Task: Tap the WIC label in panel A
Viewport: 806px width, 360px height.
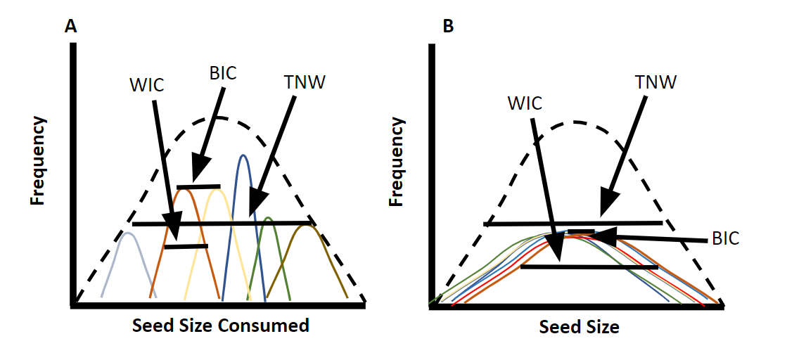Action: point(146,86)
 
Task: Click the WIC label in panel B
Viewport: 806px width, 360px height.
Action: point(524,103)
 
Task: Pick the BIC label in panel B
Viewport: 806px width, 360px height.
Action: point(724,238)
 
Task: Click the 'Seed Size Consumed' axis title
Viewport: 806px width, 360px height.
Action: point(220,326)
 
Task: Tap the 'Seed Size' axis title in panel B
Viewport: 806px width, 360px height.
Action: point(579,327)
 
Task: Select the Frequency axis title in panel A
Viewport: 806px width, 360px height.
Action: point(37,160)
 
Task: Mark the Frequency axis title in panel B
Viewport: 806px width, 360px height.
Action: point(397,162)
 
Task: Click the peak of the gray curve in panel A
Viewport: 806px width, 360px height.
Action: point(127,233)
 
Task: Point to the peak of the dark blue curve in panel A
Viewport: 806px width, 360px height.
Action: point(243,155)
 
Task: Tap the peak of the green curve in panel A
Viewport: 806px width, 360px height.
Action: point(268,218)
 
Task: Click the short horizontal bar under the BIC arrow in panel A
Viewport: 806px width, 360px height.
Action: point(199,187)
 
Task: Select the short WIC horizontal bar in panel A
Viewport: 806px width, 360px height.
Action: point(186,247)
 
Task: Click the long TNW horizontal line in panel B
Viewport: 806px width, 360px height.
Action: point(573,224)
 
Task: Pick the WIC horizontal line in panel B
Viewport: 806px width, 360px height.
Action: point(589,267)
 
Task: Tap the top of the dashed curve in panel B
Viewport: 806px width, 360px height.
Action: point(575,122)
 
